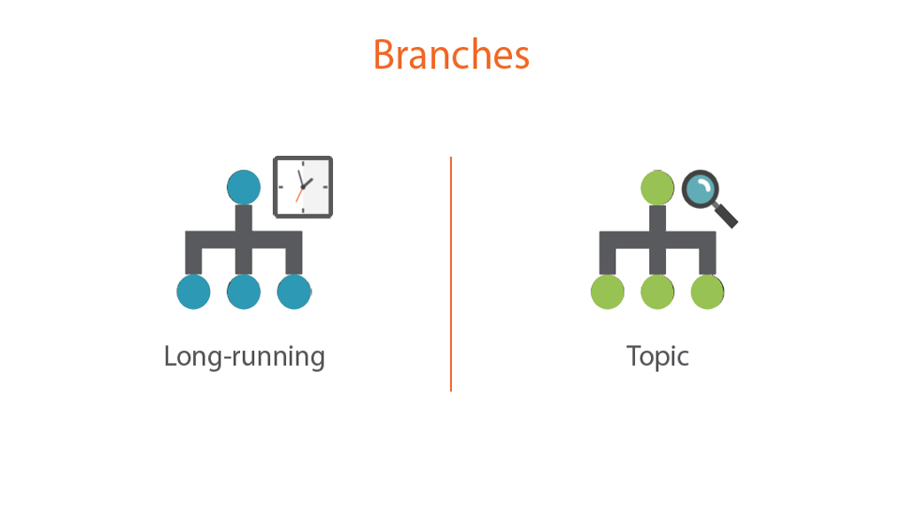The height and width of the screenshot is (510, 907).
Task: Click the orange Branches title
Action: click(451, 54)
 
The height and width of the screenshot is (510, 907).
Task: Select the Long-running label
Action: click(244, 357)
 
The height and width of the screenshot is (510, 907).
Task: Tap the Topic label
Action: click(658, 357)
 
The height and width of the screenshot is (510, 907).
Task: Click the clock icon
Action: click(303, 187)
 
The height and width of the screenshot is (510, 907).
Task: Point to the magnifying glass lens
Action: click(701, 189)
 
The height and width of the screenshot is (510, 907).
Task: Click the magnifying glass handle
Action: click(725, 215)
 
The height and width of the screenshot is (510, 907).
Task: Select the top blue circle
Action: click(244, 188)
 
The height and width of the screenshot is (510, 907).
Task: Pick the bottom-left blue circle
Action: click(193, 292)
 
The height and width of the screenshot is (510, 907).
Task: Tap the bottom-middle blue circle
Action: click(244, 292)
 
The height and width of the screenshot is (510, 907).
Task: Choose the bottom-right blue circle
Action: click(294, 292)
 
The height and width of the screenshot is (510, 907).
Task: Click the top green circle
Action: click(658, 188)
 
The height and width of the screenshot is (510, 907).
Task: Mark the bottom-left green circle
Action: click(608, 292)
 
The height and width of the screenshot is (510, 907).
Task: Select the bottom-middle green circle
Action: click(658, 292)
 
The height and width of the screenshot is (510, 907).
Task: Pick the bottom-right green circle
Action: click(708, 292)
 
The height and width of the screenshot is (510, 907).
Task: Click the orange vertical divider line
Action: click(451, 274)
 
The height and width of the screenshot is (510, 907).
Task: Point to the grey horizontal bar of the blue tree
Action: click(244, 239)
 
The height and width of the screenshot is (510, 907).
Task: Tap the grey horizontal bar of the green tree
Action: click(658, 239)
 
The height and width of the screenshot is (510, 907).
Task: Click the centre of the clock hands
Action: click(303, 188)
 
